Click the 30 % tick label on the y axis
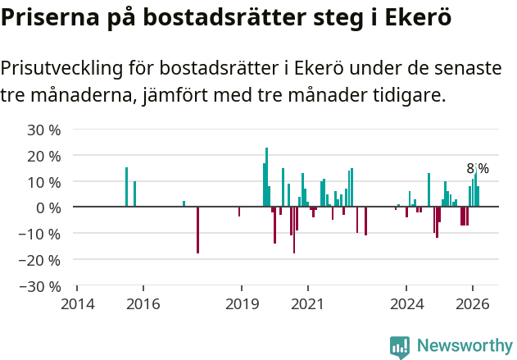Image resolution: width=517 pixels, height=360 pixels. (45, 130)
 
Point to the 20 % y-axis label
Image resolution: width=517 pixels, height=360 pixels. (45, 156)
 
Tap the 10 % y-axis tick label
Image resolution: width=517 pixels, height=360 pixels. (45, 182)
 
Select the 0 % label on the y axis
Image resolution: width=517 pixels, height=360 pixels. (49, 207)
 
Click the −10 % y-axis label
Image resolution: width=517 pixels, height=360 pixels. (41, 234)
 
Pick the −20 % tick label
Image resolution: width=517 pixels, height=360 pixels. (41, 260)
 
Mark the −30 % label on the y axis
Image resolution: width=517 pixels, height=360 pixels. (41, 286)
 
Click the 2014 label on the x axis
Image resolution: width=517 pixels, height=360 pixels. (78, 303)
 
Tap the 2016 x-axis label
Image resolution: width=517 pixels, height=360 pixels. (143, 303)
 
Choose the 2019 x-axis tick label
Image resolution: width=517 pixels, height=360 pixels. (242, 303)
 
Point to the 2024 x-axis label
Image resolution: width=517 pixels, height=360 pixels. (406, 303)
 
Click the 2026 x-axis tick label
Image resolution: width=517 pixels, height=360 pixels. (473, 303)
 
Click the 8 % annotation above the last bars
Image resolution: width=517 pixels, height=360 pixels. (478, 168)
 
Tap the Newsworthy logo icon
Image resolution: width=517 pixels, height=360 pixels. (400, 347)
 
